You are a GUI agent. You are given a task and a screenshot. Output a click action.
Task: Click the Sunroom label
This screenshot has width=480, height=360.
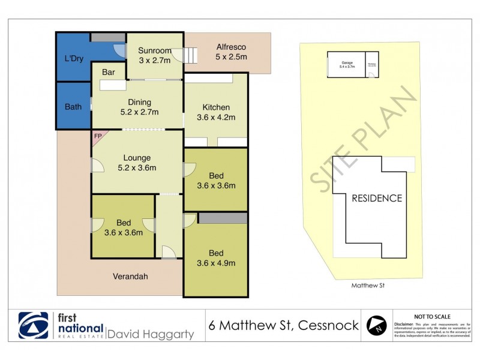tap(155, 56)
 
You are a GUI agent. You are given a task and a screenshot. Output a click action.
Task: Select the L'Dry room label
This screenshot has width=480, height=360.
tap(73, 59)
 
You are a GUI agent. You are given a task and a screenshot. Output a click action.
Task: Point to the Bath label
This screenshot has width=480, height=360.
tap(73, 107)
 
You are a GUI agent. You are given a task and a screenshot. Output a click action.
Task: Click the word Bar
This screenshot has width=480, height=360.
tap(108, 73)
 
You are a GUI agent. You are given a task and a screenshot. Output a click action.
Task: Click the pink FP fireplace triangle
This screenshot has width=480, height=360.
tap(97, 136)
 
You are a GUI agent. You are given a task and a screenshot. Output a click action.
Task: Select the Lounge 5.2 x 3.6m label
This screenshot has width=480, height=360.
tap(137, 163)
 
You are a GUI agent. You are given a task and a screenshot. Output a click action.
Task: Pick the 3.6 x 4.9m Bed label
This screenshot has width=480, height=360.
tap(216, 257)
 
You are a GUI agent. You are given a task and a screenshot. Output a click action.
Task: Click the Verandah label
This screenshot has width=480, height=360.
tap(130, 277)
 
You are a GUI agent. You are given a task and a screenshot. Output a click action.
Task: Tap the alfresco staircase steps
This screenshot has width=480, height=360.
tap(190, 56)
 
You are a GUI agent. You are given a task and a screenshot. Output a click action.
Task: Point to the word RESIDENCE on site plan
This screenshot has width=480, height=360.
tap(377, 198)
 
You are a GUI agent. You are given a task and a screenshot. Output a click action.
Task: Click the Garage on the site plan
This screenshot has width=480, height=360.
tap(347, 65)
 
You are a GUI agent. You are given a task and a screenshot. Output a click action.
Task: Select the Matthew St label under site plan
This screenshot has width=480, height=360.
tap(367, 286)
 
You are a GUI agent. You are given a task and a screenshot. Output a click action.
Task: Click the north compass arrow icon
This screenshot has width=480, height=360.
tap(376, 326)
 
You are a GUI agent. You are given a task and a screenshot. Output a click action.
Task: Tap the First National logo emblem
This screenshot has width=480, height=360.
tap(33, 326)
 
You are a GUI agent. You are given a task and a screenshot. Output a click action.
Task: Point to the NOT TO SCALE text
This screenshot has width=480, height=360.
tap(433, 316)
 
